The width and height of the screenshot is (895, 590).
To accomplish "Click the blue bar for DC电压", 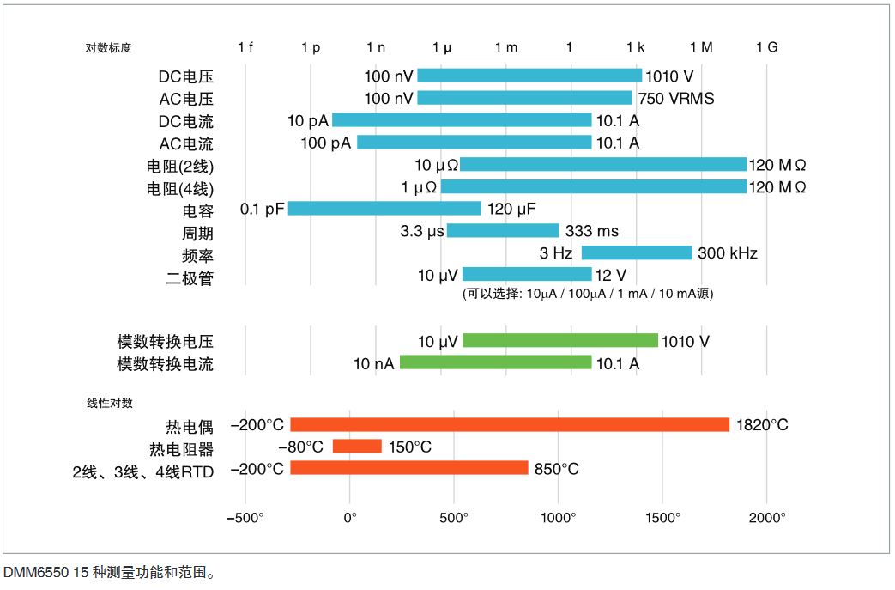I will tap(529, 76).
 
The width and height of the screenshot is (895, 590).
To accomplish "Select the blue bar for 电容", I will tap(384, 209).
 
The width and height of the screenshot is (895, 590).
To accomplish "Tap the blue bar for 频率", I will tap(636, 252).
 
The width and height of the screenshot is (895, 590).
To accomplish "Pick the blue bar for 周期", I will tap(503, 231).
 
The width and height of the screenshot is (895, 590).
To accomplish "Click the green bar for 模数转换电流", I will tap(495, 363).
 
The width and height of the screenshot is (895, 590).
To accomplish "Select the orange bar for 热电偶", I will tap(510, 425).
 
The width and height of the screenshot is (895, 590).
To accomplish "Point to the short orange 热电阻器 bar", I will tap(357, 447).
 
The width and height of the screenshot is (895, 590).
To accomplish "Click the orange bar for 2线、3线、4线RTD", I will tap(409, 468).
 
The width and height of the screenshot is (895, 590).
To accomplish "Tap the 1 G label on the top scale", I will tap(766, 47).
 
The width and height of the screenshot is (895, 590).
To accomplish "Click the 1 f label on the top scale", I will tap(245, 47).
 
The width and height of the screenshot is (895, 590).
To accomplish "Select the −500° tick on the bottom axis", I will tap(245, 518).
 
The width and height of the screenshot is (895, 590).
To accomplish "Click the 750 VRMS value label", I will tap(675, 99).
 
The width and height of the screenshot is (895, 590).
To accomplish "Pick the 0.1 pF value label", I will tap(262, 209).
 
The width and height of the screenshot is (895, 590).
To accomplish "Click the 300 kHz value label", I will tap(727, 253).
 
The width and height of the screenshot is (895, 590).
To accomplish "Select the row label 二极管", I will tap(189, 277).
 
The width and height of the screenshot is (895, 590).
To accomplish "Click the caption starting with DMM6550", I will tap(107, 571).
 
